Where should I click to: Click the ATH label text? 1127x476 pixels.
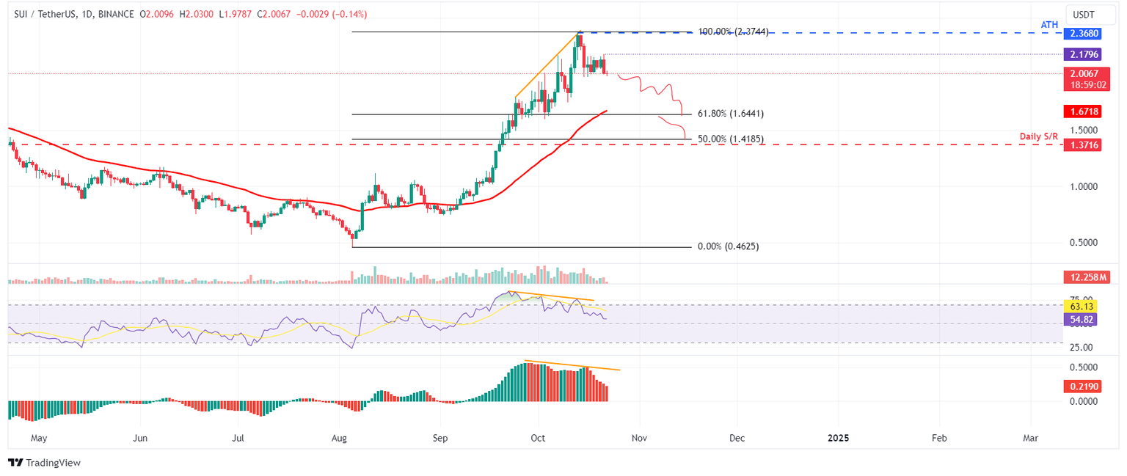pos(1049,25)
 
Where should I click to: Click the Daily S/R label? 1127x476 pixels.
pos(1040,137)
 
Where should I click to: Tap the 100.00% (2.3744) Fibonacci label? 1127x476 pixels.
pos(733,32)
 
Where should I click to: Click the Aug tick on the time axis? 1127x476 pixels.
pos(339,438)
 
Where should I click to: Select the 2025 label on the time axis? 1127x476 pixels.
pos(838,438)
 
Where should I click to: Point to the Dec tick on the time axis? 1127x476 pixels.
pos(737,438)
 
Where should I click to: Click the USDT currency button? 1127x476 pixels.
pos(1085,15)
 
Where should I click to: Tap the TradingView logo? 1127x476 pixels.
pos(44,463)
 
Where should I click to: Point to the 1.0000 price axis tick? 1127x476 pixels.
pos(1082,186)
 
